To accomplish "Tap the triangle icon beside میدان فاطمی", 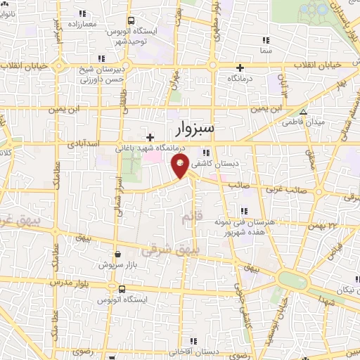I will click(x=303, y=112).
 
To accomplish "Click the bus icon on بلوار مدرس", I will click(x=122, y=289).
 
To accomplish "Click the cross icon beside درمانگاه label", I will click(x=240, y=67).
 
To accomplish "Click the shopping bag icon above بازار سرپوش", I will click(x=117, y=255).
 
